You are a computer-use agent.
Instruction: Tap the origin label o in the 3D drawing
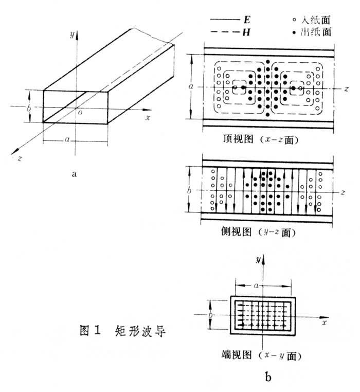tap(80, 114)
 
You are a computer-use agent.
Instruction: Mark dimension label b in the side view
tap(190, 190)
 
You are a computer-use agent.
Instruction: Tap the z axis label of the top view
tap(342, 88)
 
